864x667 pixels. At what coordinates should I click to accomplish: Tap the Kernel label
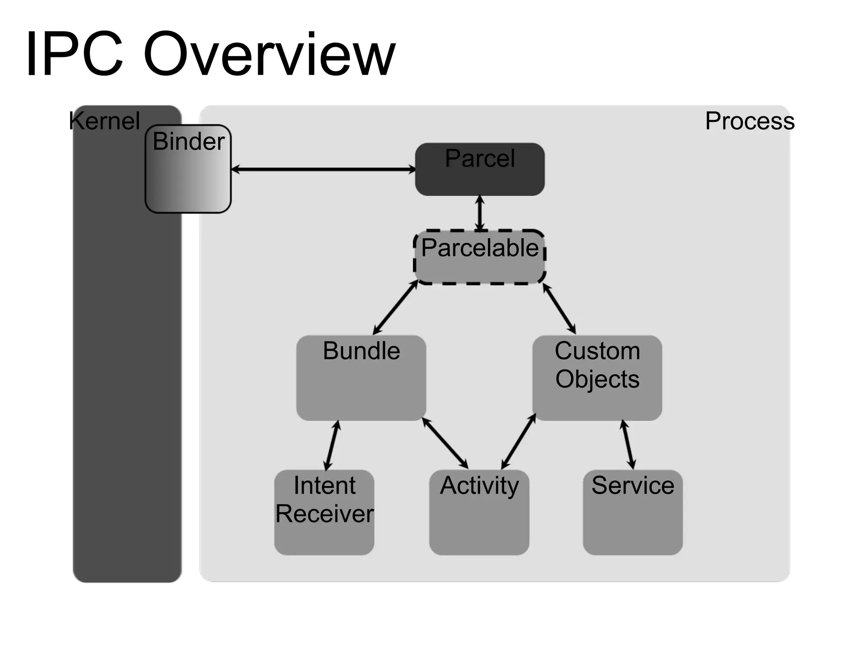pos(105,121)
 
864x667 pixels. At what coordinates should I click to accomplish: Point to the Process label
pos(750,121)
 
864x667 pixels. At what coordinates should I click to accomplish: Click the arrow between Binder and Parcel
pos(323,169)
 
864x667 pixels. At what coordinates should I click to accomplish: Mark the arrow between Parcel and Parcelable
pos(480,213)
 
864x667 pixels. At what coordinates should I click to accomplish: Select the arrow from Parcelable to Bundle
pos(395,307)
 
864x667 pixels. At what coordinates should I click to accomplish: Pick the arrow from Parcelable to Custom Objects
pos(559,309)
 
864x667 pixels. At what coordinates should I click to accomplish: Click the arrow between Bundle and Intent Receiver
pos(332,445)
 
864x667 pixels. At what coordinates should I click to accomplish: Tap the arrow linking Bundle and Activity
pos(445,443)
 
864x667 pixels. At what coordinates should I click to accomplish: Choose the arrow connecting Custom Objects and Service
pos(628,444)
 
